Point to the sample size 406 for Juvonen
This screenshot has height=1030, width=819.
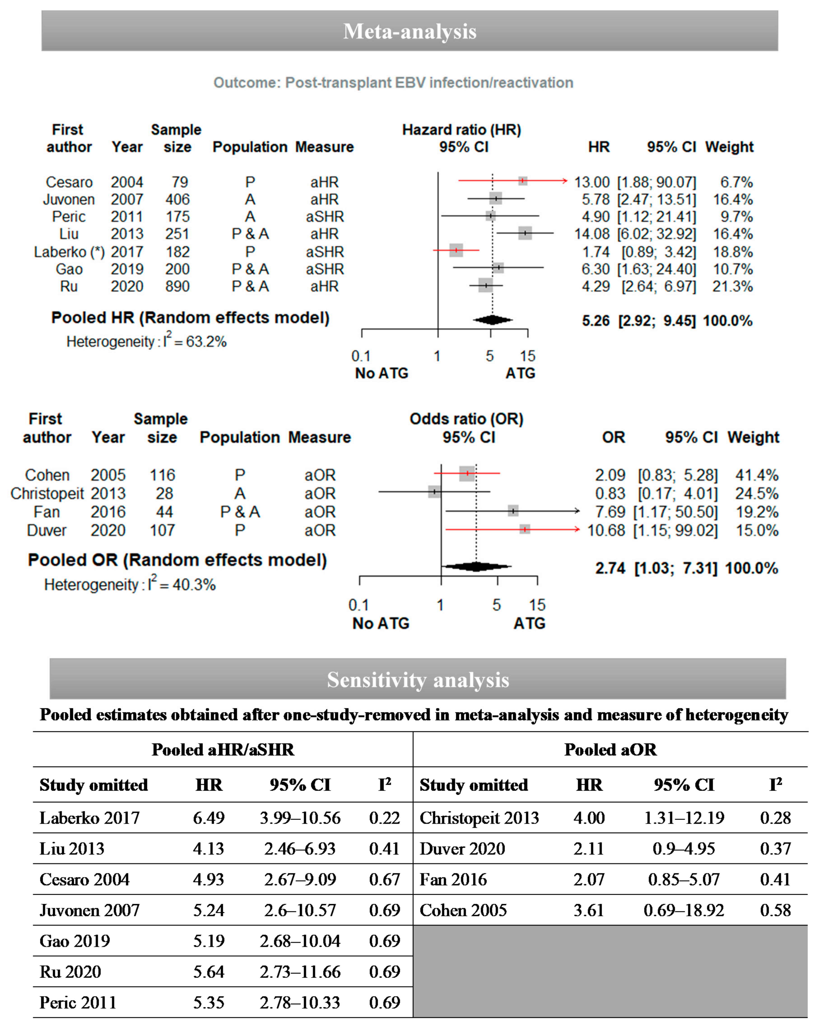tap(177, 199)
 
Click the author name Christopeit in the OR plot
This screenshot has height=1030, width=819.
tap(47, 493)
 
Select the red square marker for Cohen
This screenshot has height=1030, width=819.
tap(467, 473)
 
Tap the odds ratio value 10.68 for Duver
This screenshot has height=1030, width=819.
tap(605, 530)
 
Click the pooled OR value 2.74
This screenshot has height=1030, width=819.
tap(610, 568)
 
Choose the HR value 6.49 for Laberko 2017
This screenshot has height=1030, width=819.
tap(208, 818)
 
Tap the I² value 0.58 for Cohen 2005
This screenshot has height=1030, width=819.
tap(775, 910)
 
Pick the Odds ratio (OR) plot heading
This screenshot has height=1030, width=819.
tap(466, 419)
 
